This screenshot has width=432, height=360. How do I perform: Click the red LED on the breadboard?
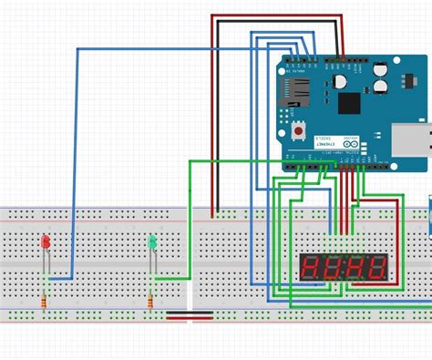46,243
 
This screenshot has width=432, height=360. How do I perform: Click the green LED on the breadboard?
153,243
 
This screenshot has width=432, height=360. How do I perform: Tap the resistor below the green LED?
151,301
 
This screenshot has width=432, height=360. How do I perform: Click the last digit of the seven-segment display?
376,268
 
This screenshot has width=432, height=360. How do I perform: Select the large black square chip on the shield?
349,103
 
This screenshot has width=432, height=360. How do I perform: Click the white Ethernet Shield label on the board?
324,144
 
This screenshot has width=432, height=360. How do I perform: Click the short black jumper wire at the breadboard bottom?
190,315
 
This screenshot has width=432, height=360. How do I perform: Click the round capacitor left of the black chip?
339,80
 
